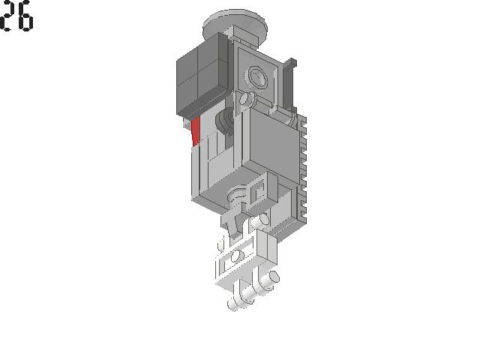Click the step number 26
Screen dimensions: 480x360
click(x=16, y=16)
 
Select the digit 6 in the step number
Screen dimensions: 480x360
click(x=25, y=16)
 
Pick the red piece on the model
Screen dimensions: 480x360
click(x=196, y=132)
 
